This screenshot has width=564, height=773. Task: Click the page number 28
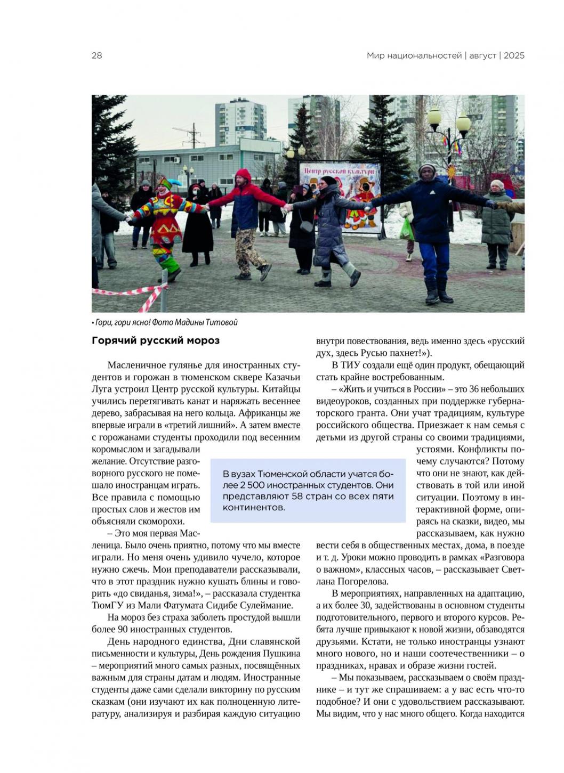[96, 55]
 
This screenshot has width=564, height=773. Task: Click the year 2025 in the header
[514, 55]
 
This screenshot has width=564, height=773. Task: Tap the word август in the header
[482, 55]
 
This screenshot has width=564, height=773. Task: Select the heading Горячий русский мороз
[156, 340]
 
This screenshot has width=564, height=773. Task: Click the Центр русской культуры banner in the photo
[340, 172]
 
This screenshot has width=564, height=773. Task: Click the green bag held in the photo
[407, 229]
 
